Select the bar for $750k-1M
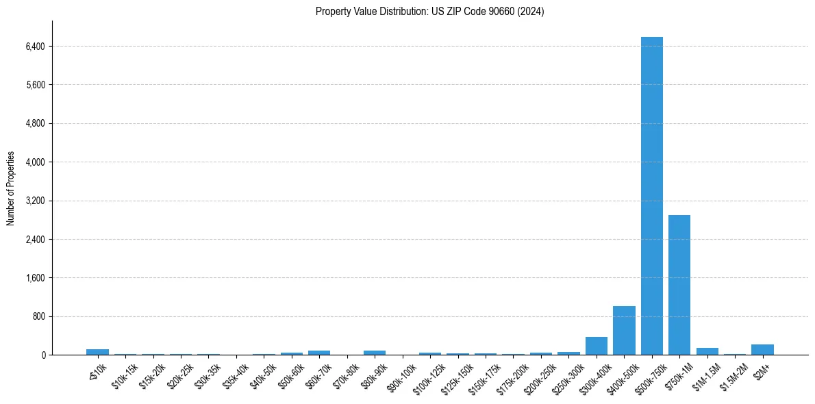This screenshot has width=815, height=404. pos(679,285)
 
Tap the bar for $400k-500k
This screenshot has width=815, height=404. pos(624,331)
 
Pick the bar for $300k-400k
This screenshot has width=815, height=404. pos(597,346)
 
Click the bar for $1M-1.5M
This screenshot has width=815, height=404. pos(707,351)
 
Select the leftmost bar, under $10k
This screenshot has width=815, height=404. pos(97,352)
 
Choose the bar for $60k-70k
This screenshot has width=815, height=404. pos(319,353)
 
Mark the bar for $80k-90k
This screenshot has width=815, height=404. pos(375,353)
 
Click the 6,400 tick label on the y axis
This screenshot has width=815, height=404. pos(34,47)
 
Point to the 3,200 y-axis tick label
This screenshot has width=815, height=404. pos(34,201)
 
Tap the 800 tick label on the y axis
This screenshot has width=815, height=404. pos(38,317)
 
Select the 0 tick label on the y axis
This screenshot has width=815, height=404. pos(42,355)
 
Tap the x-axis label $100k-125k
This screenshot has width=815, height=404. pos(428,375)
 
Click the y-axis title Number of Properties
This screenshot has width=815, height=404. pos(11,188)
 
